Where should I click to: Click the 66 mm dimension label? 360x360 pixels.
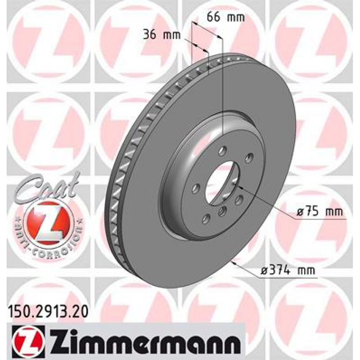[225, 17]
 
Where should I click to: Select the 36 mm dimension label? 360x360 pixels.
[161, 34]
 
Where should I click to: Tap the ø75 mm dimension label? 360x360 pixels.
[319, 212]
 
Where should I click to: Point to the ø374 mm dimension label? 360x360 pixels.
[288, 271]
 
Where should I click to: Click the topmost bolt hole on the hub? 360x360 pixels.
[222, 152]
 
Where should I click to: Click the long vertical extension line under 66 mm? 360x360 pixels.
[223, 88]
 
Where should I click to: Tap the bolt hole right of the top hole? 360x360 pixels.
[249, 157]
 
